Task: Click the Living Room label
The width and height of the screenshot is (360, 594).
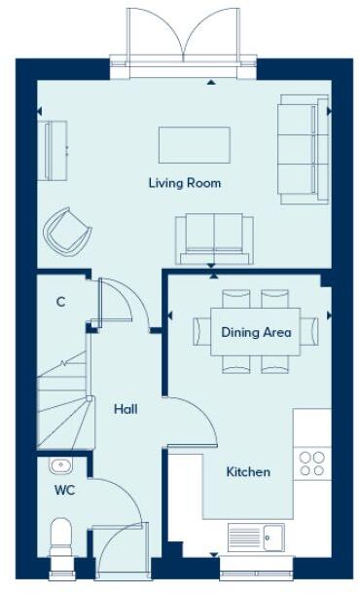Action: tap(184, 183)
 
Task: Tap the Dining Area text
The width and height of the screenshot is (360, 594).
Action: tap(256, 332)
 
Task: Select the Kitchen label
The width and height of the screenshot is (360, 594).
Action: tap(248, 472)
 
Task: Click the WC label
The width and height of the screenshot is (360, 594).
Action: tap(64, 489)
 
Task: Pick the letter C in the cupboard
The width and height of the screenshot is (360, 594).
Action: tap(60, 302)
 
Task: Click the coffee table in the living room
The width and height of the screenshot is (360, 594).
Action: tap(195, 145)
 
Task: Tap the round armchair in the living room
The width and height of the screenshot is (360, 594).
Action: tap(67, 231)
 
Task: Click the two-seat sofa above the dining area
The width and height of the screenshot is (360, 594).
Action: tap(214, 239)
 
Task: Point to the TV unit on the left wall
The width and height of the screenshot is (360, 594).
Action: tap(54, 150)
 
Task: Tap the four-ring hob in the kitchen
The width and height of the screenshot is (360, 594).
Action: tap(312, 464)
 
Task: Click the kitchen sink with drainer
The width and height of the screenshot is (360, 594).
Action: tap(256, 536)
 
